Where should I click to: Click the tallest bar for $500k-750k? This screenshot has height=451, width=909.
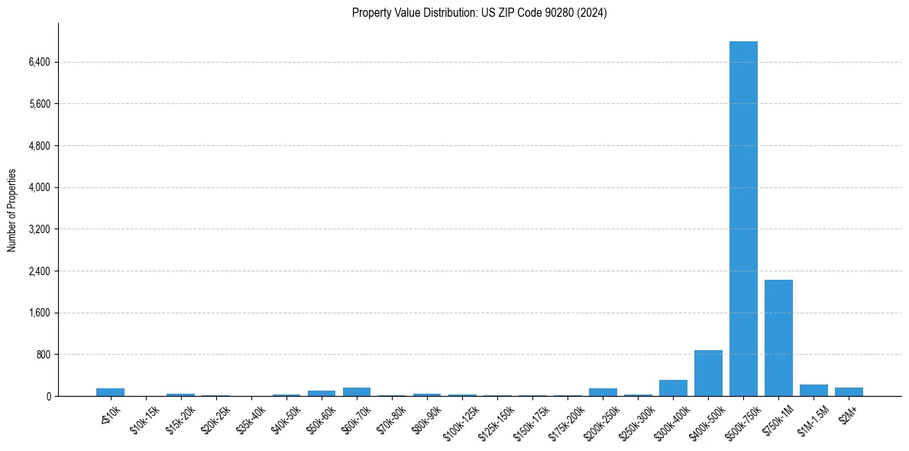pos(743,219)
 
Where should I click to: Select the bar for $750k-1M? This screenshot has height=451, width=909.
pos(778,338)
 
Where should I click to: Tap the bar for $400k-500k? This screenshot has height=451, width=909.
pos(708,373)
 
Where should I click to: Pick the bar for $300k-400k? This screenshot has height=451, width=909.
pos(673,388)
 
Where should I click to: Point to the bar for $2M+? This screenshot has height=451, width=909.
pos(849,392)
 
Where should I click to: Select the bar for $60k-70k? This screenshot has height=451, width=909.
pos(357,392)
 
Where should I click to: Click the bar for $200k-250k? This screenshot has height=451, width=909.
pos(603,392)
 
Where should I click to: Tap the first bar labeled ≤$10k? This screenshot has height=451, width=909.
pos(110,392)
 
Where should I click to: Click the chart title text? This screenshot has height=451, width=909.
pos(479,13)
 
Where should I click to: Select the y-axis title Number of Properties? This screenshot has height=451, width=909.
pos(12,210)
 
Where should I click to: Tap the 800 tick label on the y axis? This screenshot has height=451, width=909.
pos(43,355)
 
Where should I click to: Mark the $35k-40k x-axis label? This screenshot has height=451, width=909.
pos(251,420)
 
